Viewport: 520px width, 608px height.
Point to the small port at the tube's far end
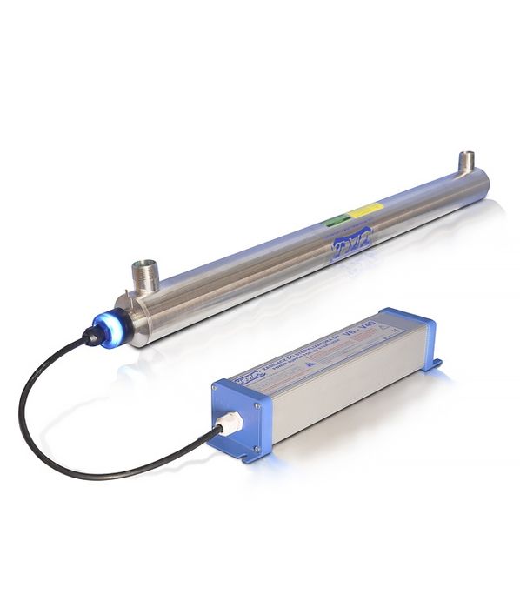point(466,161)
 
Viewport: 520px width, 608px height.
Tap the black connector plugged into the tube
point(93,336)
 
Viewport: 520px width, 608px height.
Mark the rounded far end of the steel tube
point(483,183)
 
